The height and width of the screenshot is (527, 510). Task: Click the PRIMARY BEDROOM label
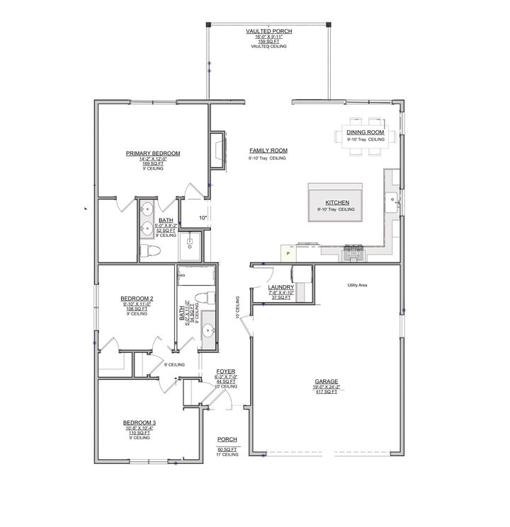click(x=153, y=154)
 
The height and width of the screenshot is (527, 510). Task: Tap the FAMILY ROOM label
click(x=268, y=151)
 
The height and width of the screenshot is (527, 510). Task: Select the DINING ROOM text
click(x=365, y=133)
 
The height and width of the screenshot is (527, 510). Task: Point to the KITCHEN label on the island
click(x=334, y=202)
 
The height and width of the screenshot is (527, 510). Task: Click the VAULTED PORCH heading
click(x=268, y=32)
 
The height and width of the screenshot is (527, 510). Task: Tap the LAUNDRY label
click(x=281, y=287)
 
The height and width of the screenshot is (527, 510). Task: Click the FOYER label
click(x=226, y=371)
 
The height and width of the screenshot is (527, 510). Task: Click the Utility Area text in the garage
click(x=357, y=285)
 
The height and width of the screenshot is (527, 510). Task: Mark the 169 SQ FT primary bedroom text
click(x=153, y=164)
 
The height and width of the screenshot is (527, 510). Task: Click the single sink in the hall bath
click(x=208, y=330)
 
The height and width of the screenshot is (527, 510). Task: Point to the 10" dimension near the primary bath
click(x=203, y=218)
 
